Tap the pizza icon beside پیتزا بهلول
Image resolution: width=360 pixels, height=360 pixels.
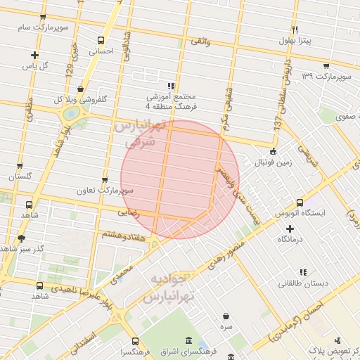(295, 30)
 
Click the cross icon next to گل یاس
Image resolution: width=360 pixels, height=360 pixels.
(34, 55)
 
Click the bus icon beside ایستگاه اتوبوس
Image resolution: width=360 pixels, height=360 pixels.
(300, 202)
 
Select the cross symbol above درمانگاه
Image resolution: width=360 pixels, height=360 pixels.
(290, 229)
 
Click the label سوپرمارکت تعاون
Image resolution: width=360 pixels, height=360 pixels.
(105, 191)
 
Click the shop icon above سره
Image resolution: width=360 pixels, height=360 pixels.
(225, 316)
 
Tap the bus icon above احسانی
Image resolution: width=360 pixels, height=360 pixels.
(101, 40)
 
